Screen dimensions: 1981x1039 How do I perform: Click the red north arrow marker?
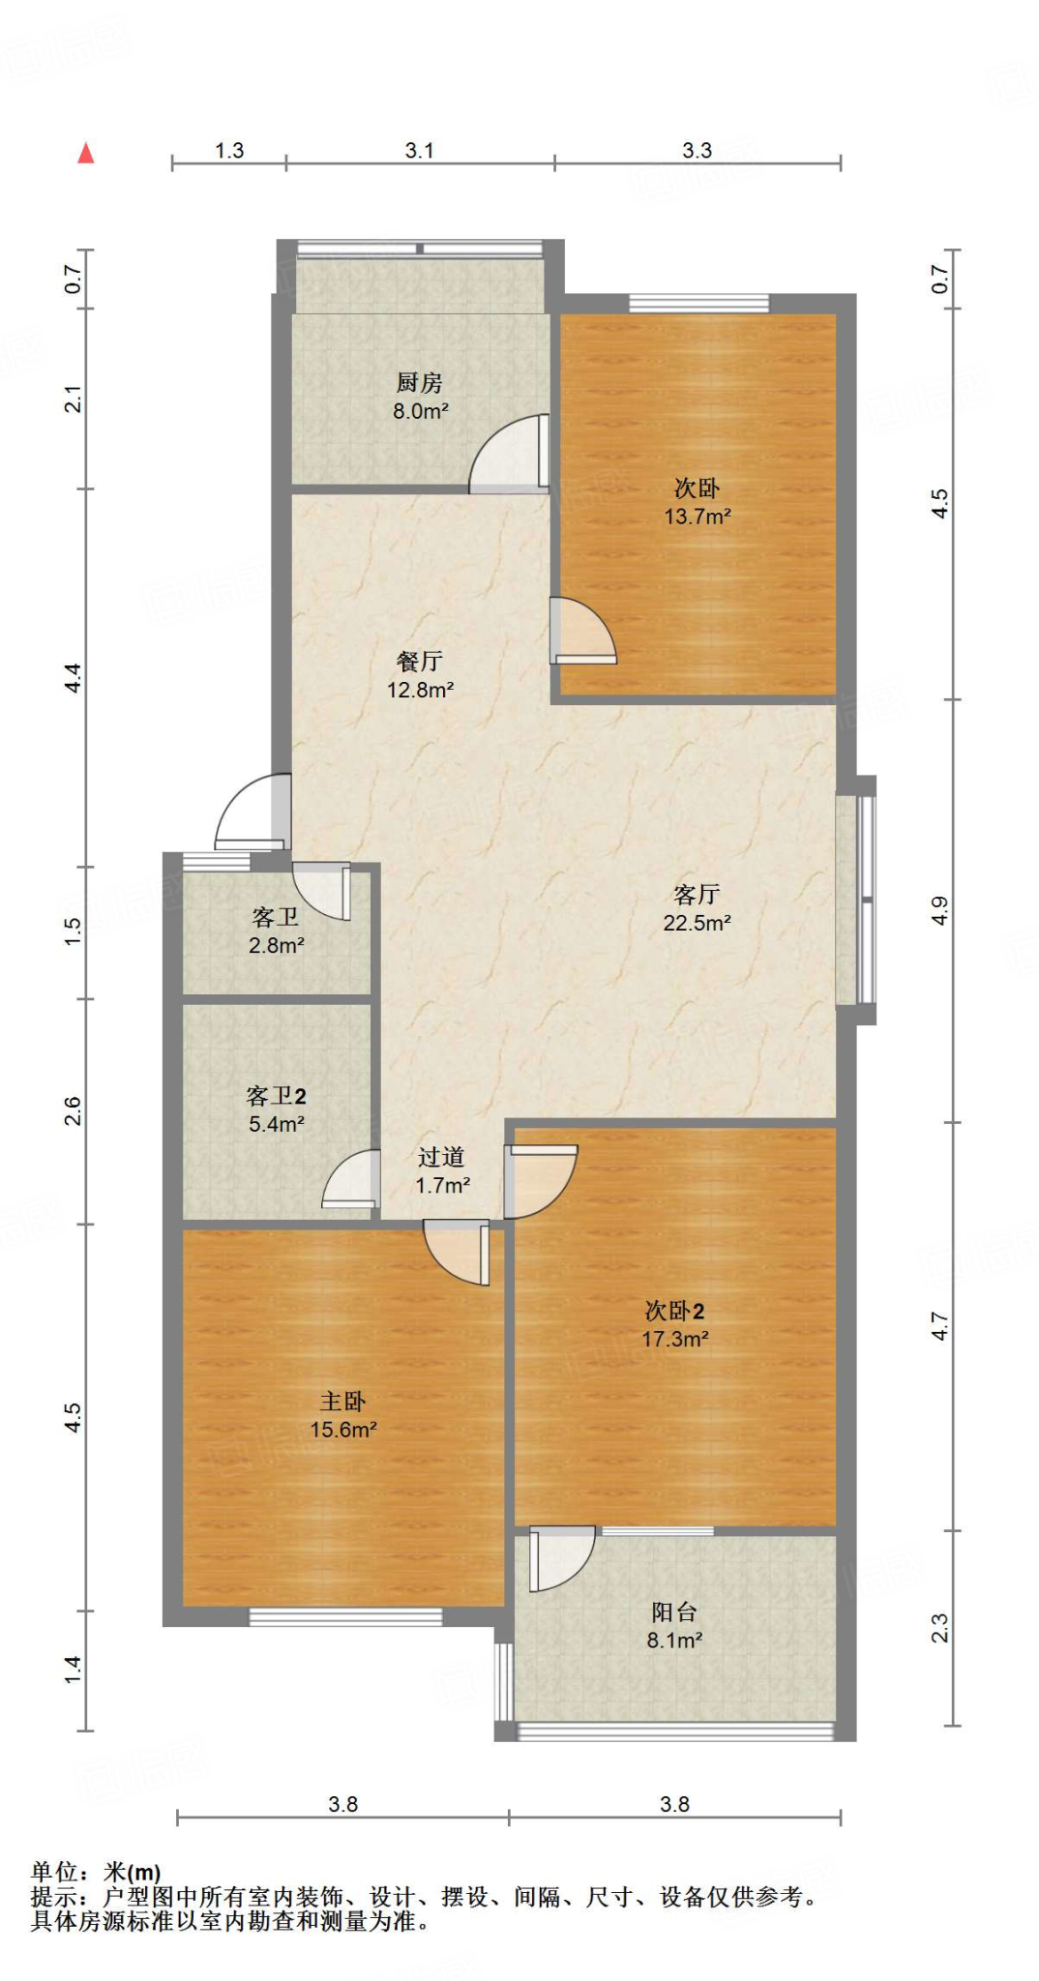coord(86,153)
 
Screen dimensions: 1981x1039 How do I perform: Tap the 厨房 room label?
coord(420,383)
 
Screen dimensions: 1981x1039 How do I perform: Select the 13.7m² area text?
coord(697,517)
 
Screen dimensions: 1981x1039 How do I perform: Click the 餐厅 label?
coord(420,662)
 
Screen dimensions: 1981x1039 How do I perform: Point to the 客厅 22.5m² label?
coord(697,908)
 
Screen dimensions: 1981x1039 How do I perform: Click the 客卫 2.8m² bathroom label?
coord(276,931)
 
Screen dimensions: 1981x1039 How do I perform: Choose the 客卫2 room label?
coord(276,1096)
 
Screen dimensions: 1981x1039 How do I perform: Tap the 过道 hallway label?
coord(442,1158)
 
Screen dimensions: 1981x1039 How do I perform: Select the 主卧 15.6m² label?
coord(342,1415)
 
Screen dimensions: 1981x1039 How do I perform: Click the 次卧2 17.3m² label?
coord(674,1325)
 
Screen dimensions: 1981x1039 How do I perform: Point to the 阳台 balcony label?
coord(674,1612)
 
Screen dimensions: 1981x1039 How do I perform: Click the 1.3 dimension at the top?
coord(229,151)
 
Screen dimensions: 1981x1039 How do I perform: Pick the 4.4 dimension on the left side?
coord(74,677)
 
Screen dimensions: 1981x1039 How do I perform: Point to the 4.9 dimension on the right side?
coord(940,910)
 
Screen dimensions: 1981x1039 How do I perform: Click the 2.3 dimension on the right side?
coord(940,1628)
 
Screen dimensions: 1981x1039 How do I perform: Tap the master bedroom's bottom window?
coord(345,1617)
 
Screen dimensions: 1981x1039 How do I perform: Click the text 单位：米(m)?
coord(96,1872)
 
